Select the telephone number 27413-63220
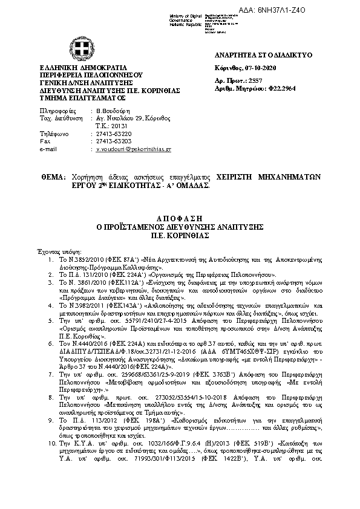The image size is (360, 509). (114, 133)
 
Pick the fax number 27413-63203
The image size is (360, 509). (114, 140)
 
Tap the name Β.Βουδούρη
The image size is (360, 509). (113, 111)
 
